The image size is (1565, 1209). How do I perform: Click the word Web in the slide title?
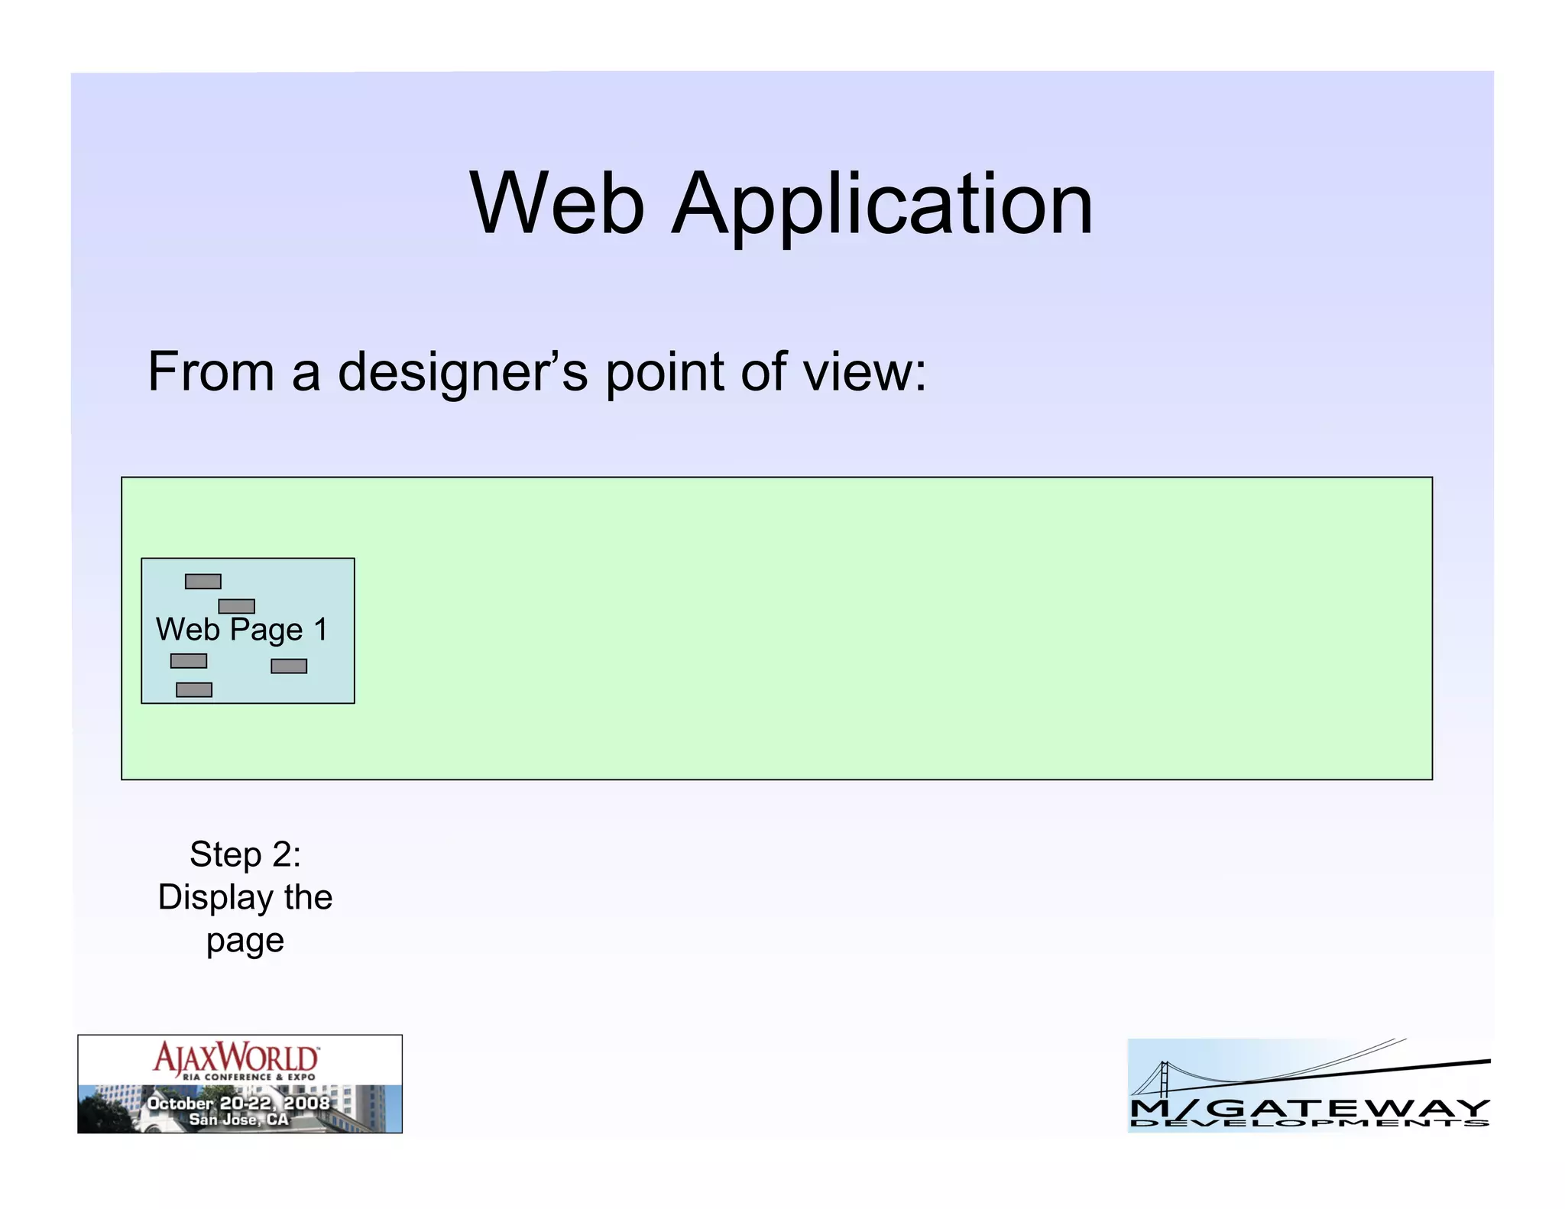point(557,204)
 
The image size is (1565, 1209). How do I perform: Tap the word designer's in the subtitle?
point(462,372)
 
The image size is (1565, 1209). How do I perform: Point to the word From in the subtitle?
point(211,372)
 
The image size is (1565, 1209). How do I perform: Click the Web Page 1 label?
point(241,630)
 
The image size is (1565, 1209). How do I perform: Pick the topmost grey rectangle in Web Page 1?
point(203,582)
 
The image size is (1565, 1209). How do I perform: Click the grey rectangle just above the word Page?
point(237,606)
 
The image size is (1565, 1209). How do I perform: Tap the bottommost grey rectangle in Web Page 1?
point(194,690)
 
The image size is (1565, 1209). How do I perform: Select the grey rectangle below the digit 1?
point(289,666)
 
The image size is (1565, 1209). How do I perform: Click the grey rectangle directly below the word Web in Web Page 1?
point(189,661)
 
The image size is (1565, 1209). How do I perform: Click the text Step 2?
point(245,854)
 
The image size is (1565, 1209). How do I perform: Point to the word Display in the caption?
point(215,898)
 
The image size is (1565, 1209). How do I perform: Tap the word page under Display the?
point(245,941)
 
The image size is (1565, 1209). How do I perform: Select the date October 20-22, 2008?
point(238,1103)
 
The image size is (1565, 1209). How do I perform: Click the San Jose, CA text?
point(238,1120)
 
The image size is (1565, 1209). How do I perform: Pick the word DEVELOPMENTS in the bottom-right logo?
point(1309,1123)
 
